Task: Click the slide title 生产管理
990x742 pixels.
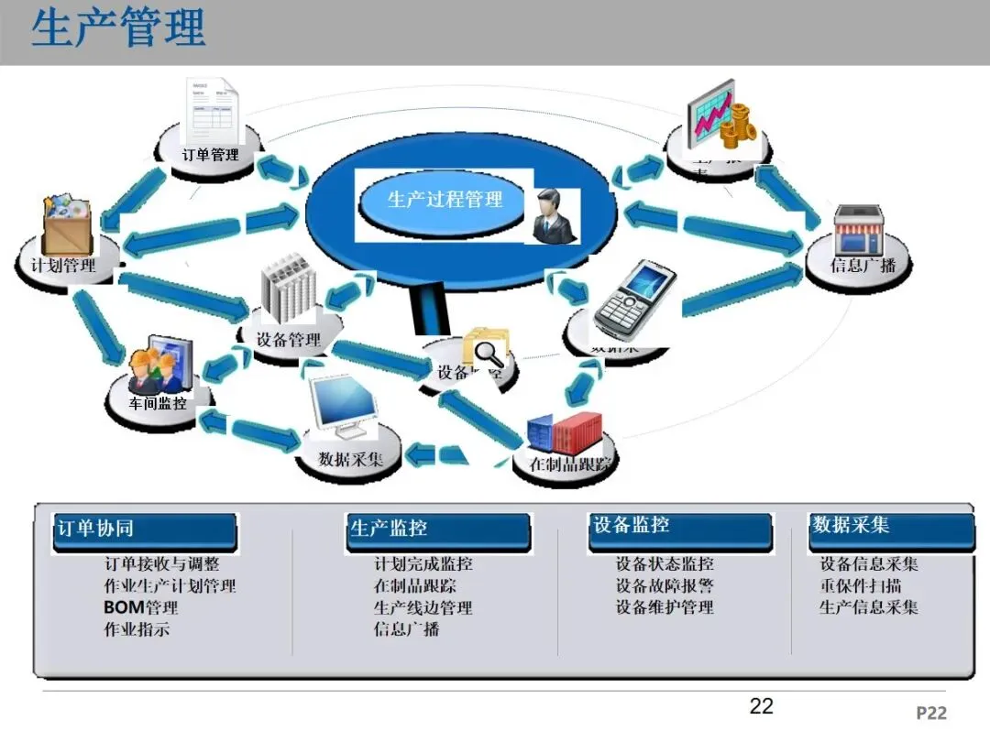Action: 118,28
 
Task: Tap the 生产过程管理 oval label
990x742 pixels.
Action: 445,199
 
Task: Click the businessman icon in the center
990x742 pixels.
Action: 553,216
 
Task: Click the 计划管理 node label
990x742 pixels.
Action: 63,266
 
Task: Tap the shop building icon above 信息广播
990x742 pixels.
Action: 858,229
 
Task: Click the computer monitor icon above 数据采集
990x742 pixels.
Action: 343,404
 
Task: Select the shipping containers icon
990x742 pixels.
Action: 565,432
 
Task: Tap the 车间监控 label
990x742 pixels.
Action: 158,402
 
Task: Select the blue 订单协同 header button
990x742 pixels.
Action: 145,530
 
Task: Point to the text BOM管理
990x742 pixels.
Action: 140,607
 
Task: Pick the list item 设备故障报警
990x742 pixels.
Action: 665,585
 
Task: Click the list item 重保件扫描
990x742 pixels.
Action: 860,585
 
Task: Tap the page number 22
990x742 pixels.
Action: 761,705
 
